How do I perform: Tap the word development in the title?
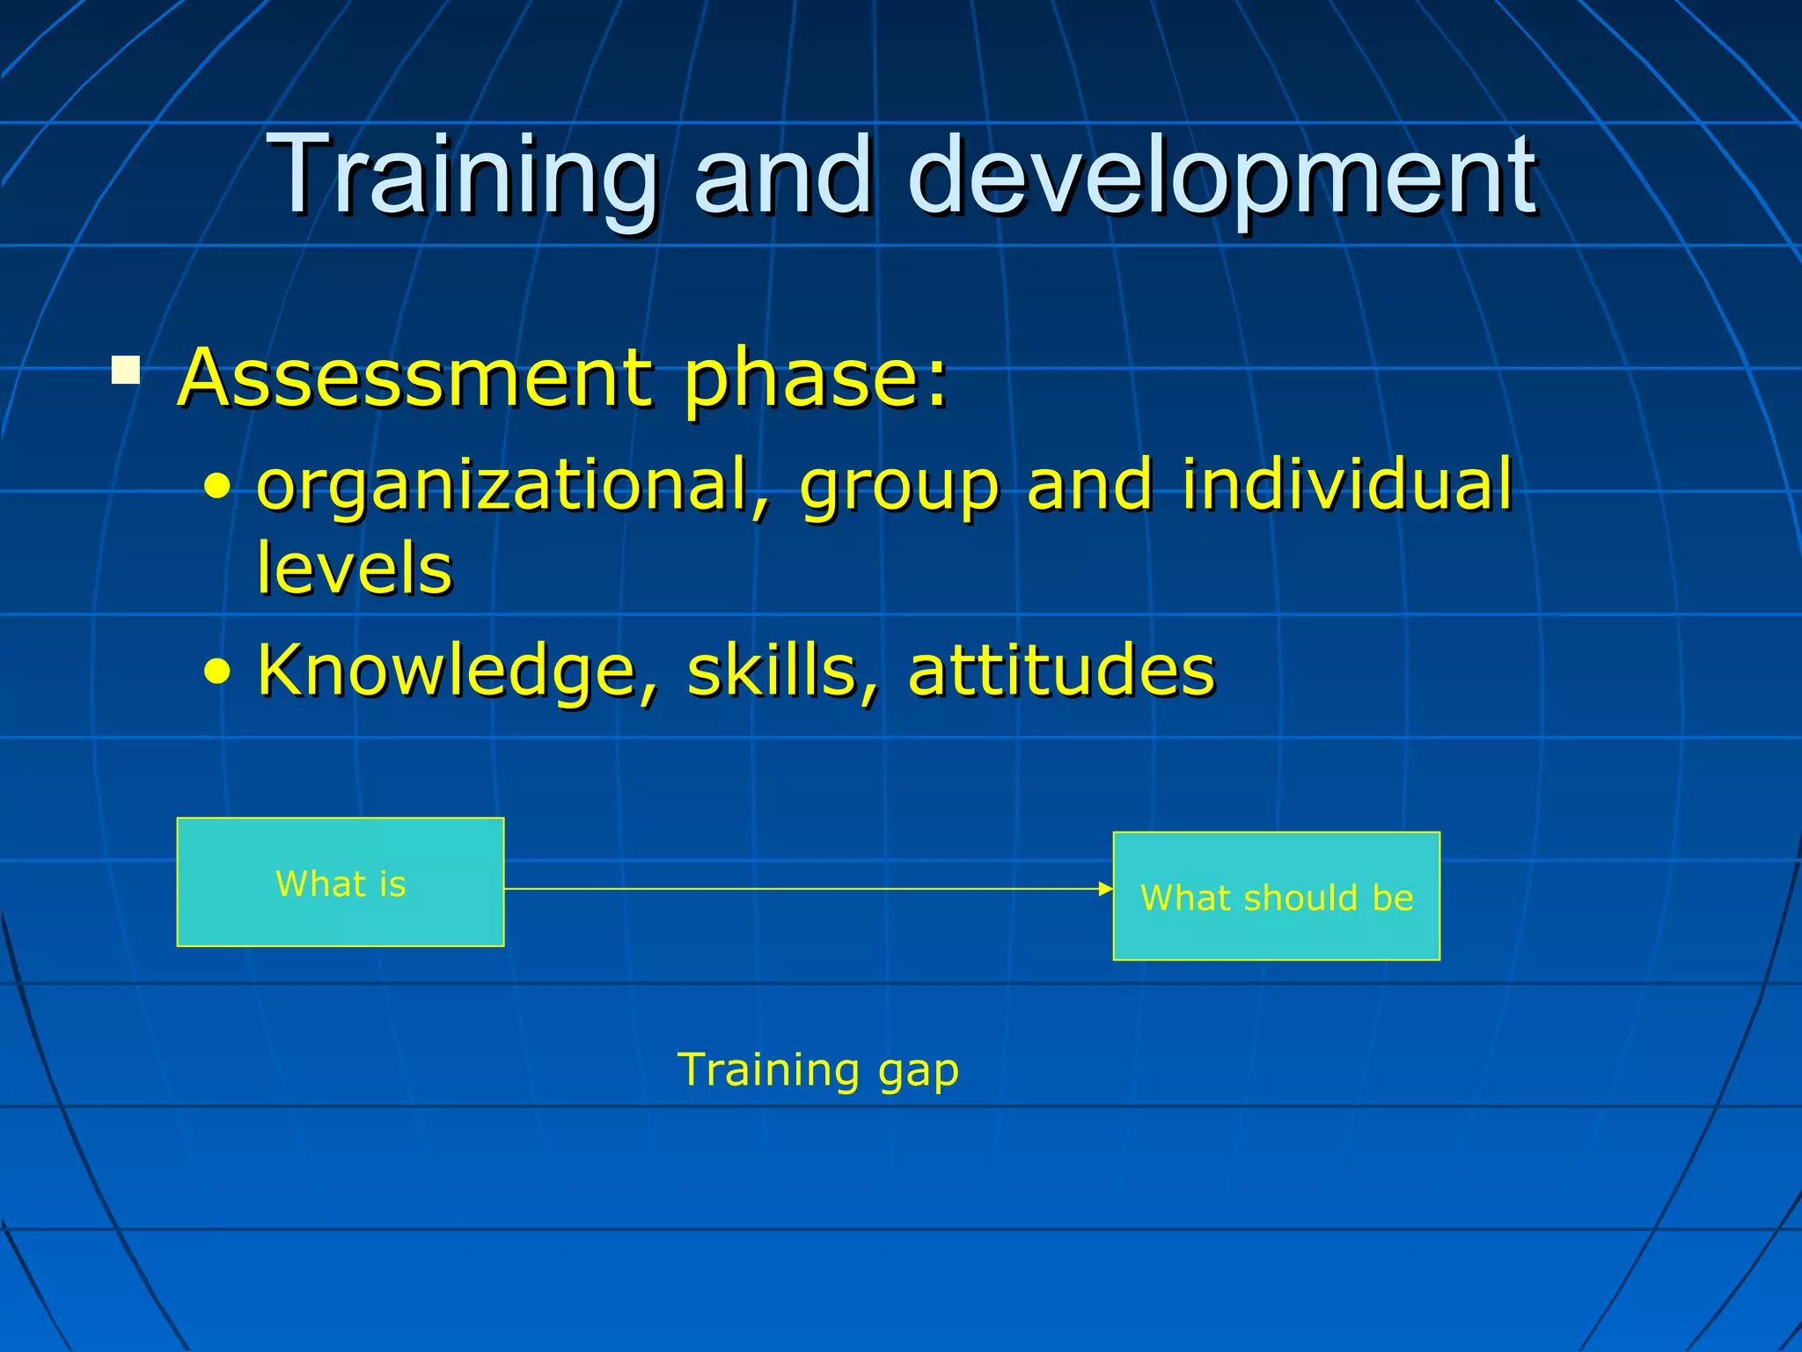(x=1223, y=176)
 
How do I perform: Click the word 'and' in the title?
(x=783, y=176)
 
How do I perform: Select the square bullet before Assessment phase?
(x=126, y=370)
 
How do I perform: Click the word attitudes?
(x=1061, y=671)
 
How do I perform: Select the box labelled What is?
(x=341, y=882)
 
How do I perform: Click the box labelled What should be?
(x=1276, y=896)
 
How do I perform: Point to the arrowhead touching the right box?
(x=1106, y=889)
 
